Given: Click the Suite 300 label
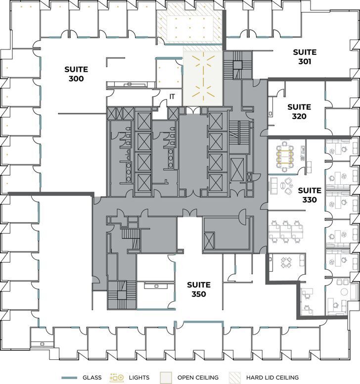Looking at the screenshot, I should point(76,74).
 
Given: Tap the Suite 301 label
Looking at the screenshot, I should point(304,57).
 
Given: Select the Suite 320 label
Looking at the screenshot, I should point(299,112).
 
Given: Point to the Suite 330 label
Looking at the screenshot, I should point(310,195).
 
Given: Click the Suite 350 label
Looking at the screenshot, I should point(199,289).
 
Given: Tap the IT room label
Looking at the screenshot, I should point(172,96).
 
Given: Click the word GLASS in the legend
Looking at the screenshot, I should point(91,378).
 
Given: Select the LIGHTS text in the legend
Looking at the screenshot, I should point(140,378).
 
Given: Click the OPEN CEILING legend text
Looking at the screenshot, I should point(198,378).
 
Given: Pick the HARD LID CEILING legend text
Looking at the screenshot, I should point(274,378).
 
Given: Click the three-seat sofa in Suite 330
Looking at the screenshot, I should point(272,186).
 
